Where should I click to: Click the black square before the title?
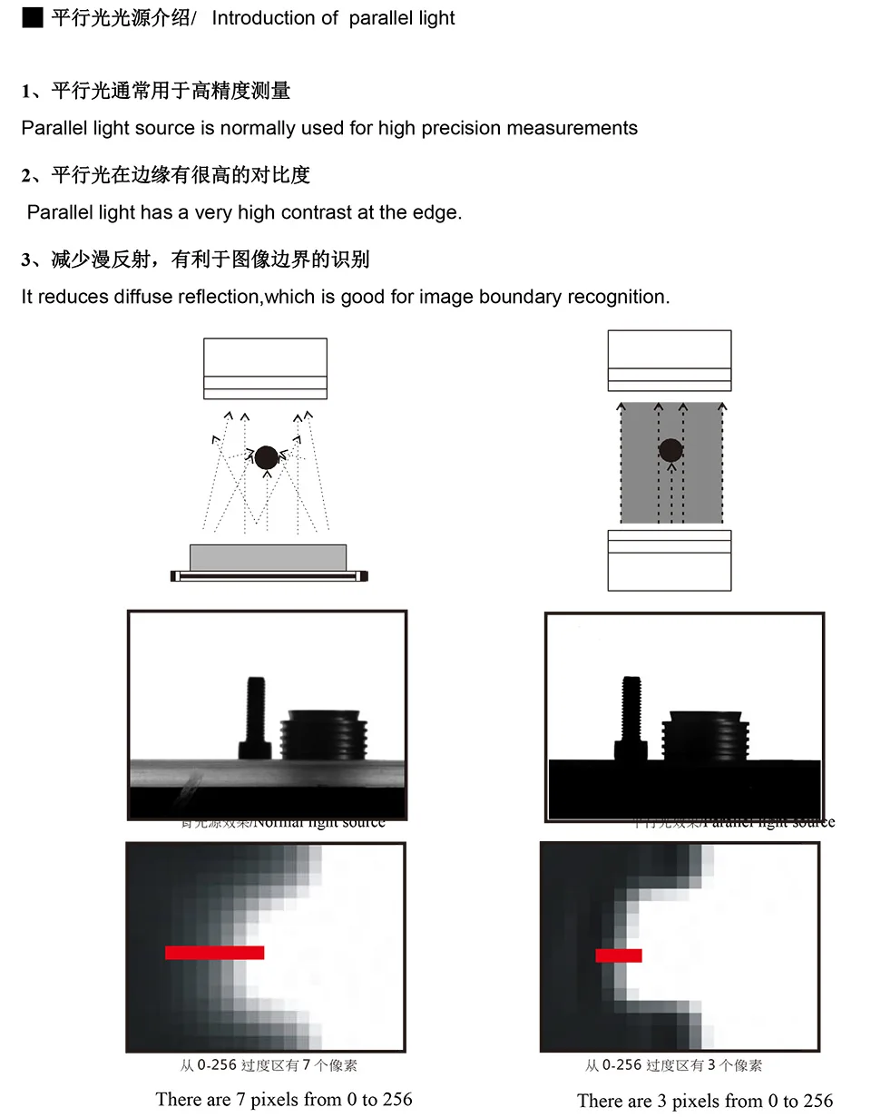click(x=32, y=18)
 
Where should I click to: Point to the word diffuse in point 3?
click(x=142, y=297)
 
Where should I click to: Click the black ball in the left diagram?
click(x=266, y=458)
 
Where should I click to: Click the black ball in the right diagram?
click(x=670, y=450)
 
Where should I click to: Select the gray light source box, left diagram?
click(x=268, y=556)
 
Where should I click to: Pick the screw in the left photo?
click(x=255, y=717)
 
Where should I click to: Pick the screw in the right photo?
click(x=631, y=717)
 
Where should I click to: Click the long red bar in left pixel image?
click(x=214, y=953)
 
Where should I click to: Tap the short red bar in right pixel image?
click(x=619, y=955)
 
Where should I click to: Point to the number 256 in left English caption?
click(x=395, y=1100)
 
